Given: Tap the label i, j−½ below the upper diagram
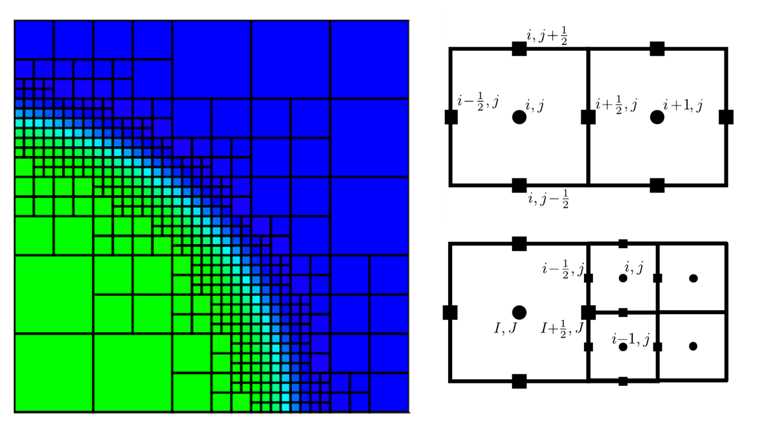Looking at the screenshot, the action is (x=548, y=199).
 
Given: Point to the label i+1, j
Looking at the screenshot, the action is (x=682, y=106).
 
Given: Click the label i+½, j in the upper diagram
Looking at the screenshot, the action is (x=616, y=105).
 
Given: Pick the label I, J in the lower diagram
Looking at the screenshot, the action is (x=505, y=328).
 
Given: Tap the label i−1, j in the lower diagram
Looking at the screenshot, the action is (x=631, y=339).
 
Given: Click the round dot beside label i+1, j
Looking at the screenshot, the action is (x=657, y=117).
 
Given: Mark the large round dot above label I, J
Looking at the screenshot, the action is (x=519, y=313).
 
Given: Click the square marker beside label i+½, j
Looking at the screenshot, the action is (x=588, y=117).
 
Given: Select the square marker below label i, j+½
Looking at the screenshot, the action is (x=519, y=49).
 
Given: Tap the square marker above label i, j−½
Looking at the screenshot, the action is (x=519, y=185).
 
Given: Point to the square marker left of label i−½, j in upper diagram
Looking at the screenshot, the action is (x=451, y=117).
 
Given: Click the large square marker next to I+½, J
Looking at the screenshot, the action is (x=589, y=313).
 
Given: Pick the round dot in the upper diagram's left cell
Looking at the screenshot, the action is (x=519, y=117).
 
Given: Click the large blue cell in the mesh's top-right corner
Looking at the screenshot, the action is (x=370, y=59).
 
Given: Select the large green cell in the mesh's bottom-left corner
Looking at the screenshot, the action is (x=54, y=373).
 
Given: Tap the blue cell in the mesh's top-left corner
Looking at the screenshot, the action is (x=34, y=40).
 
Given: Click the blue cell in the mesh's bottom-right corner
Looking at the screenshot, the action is (x=389, y=392).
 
